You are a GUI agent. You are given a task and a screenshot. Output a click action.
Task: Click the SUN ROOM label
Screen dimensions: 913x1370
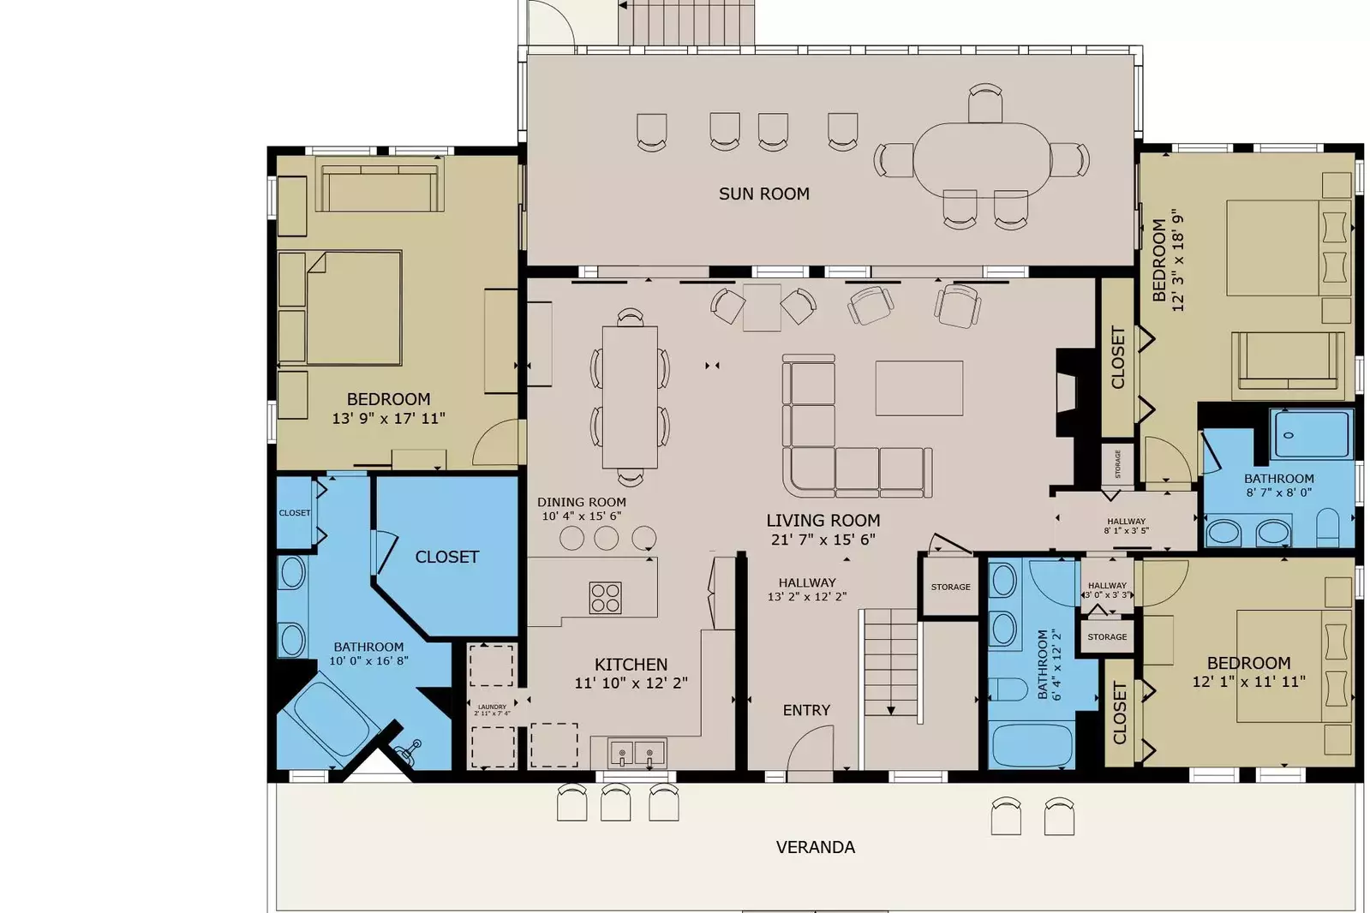(x=763, y=194)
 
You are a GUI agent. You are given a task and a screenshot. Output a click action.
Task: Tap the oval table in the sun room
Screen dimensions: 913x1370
(x=982, y=159)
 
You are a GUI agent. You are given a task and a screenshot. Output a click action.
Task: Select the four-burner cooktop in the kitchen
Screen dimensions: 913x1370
(x=605, y=598)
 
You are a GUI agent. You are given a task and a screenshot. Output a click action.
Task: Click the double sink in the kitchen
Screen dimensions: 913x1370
(x=636, y=755)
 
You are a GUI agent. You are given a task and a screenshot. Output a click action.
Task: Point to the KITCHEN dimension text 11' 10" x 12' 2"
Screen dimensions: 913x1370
(x=631, y=683)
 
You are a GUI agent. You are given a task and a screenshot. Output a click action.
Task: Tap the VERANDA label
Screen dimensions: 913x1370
(x=815, y=848)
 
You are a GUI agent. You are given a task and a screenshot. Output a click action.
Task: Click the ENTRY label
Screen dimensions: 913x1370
(x=806, y=711)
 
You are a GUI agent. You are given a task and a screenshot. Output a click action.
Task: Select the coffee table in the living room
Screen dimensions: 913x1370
(x=918, y=388)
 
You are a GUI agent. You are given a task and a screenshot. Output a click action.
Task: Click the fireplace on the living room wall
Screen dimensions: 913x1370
(x=1065, y=392)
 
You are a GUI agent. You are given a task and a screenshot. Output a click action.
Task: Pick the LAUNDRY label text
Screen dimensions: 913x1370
(x=492, y=707)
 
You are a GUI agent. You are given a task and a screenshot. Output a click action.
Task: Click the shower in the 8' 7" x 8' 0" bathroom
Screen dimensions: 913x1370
(x=1311, y=434)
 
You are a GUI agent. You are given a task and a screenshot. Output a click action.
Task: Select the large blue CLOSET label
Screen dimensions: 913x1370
(x=446, y=558)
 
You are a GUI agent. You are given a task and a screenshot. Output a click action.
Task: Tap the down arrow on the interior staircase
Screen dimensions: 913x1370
(x=890, y=710)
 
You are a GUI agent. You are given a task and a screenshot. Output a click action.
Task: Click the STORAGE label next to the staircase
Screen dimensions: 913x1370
(x=950, y=588)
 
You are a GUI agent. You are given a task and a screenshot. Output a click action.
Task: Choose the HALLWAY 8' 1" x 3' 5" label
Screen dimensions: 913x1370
(x=1126, y=526)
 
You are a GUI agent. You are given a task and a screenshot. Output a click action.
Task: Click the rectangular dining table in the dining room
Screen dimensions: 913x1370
(x=630, y=397)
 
